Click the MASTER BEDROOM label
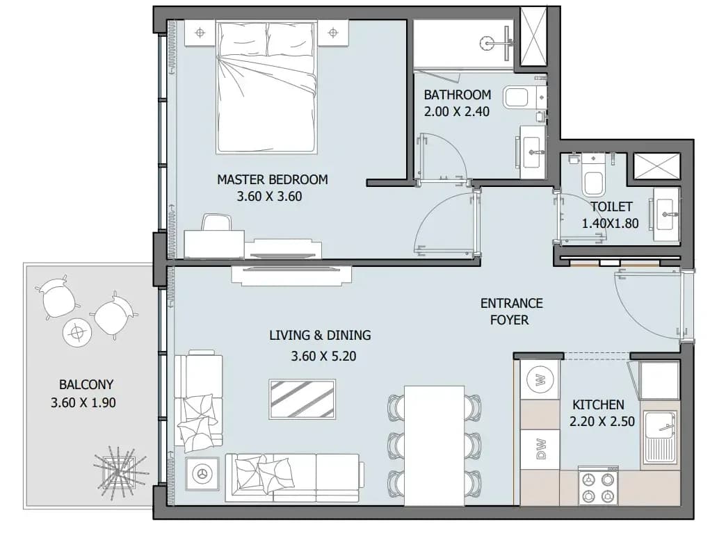(272, 179)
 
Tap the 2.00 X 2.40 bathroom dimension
(456, 112)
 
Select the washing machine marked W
(540, 379)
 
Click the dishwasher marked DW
(540, 450)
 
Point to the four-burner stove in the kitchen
(598, 486)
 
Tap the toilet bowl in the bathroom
(517, 97)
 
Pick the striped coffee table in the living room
(302, 400)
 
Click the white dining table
(434, 445)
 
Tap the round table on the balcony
(77, 333)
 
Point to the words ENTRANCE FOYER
(511, 311)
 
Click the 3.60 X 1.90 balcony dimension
(83, 402)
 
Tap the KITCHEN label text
(598, 404)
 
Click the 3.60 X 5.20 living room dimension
(323, 356)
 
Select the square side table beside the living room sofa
(202, 474)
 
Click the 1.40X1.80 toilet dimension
(610, 224)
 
